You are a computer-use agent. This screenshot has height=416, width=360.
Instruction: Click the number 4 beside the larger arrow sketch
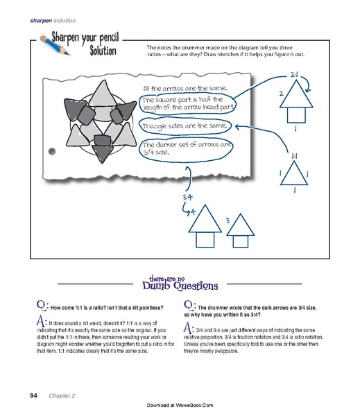194,209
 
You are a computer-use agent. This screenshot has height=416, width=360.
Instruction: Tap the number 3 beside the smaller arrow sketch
228,221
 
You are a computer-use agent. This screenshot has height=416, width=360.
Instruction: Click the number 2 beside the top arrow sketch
280,93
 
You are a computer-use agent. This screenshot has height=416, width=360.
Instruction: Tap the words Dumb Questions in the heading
179,284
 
